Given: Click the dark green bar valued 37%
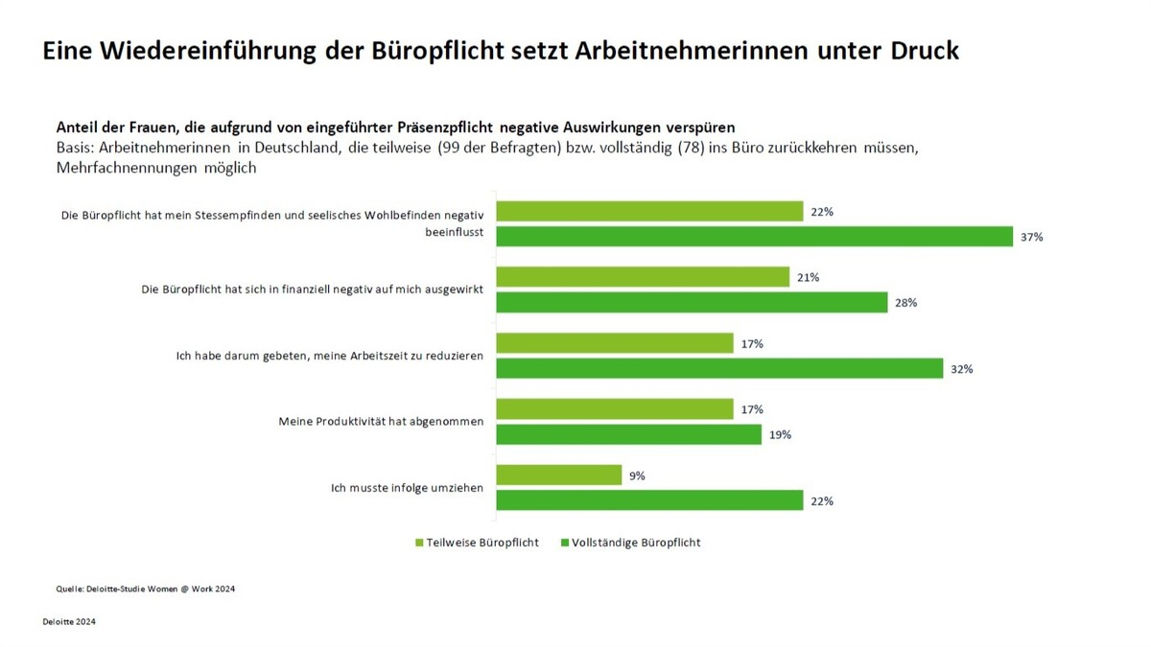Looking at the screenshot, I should [x=754, y=237].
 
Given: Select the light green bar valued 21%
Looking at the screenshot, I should [x=643, y=277].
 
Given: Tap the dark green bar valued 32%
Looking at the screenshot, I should [x=719, y=369].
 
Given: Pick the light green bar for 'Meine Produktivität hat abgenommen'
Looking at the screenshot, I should [x=615, y=409].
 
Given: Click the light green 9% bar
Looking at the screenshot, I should [x=559, y=475].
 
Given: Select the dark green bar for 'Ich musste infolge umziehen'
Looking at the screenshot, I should [x=649, y=500].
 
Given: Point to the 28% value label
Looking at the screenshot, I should [x=906, y=303].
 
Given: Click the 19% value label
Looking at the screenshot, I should [x=780, y=435].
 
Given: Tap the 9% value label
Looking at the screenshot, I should [x=637, y=475].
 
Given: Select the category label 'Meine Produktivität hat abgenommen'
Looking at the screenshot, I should [x=381, y=422].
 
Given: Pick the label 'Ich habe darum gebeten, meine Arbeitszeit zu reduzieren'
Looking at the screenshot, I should [x=329, y=356].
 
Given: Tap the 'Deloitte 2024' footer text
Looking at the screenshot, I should [x=69, y=621].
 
